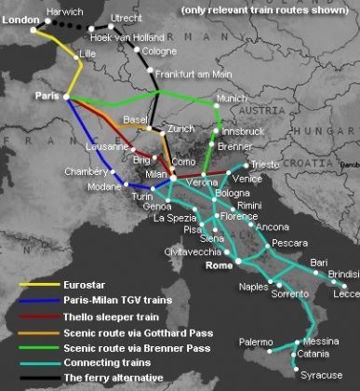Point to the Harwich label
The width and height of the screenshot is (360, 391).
click(64, 12)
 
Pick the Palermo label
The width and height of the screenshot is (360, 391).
click(257, 342)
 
